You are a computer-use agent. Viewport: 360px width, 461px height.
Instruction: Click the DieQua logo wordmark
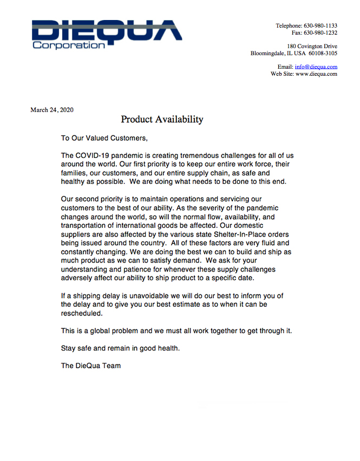[x=107, y=30]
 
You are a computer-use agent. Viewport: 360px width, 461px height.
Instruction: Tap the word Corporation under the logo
[x=69, y=45]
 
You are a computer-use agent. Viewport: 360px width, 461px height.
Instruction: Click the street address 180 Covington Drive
[x=312, y=47]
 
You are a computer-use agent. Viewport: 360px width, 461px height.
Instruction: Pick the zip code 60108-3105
[x=324, y=54]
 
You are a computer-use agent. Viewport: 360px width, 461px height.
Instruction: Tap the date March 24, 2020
[x=52, y=110]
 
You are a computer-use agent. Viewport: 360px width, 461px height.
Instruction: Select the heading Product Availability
[x=162, y=120]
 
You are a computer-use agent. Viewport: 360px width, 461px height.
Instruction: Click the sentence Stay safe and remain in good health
[x=120, y=348]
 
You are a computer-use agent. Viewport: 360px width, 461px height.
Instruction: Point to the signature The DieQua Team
[x=91, y=366]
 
